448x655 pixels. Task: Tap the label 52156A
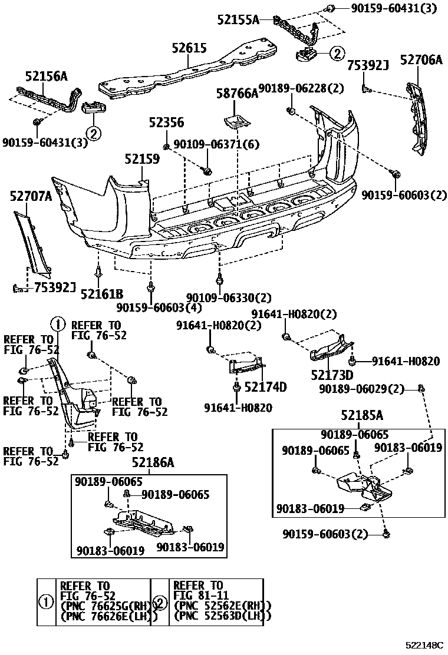point(46,76)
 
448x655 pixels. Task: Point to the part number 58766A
point(237,93)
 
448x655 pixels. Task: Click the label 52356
point(166,123)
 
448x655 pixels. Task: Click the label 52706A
point(421,59)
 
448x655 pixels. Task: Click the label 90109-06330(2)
point(221,298)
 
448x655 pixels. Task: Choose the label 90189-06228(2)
point(301,88)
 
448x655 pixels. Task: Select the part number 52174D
point(265,387)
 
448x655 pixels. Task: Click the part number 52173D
point(332,375)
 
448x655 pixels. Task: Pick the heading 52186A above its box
point(153,463)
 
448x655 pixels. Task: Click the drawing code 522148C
point(424,646)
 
